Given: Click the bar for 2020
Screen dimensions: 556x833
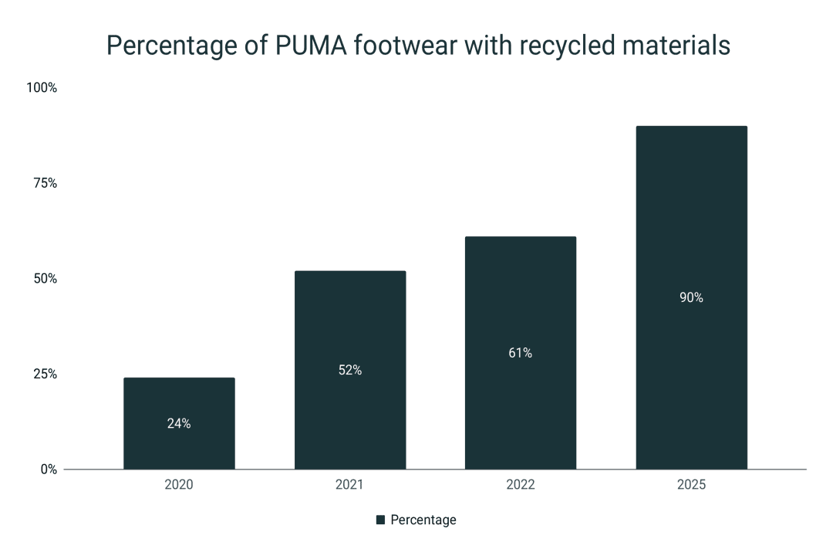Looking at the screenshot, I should click(179, 402).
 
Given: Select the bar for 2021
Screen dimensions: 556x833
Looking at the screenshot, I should click(350, 324).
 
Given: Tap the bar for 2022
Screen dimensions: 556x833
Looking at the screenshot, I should click(520, 309).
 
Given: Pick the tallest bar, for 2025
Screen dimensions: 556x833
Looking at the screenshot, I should click(691, 232).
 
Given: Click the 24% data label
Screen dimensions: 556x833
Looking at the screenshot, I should click(179, 423).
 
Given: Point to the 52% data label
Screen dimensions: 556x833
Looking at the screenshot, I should click(350, 370).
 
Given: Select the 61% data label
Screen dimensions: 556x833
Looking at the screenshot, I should click(520, 353).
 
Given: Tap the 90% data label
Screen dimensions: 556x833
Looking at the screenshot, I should click(691, 297).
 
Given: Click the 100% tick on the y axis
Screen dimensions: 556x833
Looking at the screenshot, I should click(42, 88).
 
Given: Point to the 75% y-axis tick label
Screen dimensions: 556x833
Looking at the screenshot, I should click(45, 183).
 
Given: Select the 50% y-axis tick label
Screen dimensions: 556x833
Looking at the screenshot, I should click(45, 279).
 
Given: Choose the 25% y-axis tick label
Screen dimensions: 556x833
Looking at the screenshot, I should click(45, 374).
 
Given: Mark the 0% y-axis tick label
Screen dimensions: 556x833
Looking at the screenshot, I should click(48, 470).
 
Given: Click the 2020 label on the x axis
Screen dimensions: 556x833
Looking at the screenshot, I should click(179, 486).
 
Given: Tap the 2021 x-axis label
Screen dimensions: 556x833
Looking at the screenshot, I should click(350, 486).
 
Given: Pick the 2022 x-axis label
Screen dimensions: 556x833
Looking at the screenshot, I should click(520, 486).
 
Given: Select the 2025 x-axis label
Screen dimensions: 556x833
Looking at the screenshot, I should click(691, 486).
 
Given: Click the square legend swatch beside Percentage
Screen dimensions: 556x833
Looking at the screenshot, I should click(380, 520).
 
